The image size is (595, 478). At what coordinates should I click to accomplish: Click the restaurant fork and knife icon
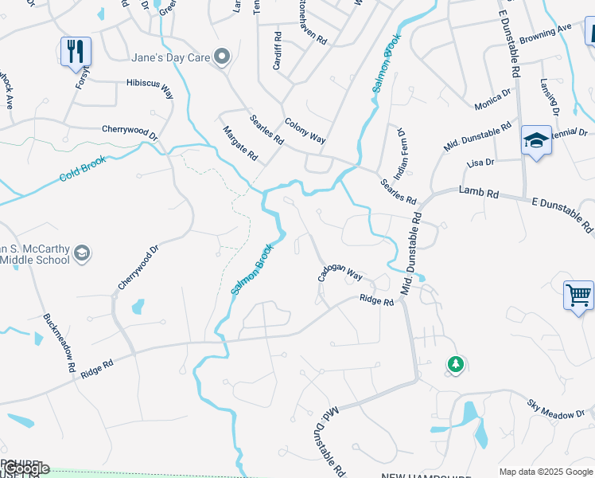point(76,52)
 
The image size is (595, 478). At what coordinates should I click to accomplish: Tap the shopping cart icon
point(578,295)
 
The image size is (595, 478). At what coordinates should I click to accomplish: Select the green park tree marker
point(455,364)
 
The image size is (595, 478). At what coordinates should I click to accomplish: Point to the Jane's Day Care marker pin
point(223,56)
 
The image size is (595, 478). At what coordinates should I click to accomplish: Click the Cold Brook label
point(83,168)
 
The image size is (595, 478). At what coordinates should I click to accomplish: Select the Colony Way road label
point(305,127)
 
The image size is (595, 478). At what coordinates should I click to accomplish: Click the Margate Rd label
point(240,143)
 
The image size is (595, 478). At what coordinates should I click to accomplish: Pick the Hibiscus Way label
point(150,88)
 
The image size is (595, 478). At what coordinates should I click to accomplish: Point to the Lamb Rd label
point(479,193)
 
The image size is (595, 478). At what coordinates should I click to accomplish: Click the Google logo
point(27,469)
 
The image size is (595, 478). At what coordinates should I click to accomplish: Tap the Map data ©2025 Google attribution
point(546,472)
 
